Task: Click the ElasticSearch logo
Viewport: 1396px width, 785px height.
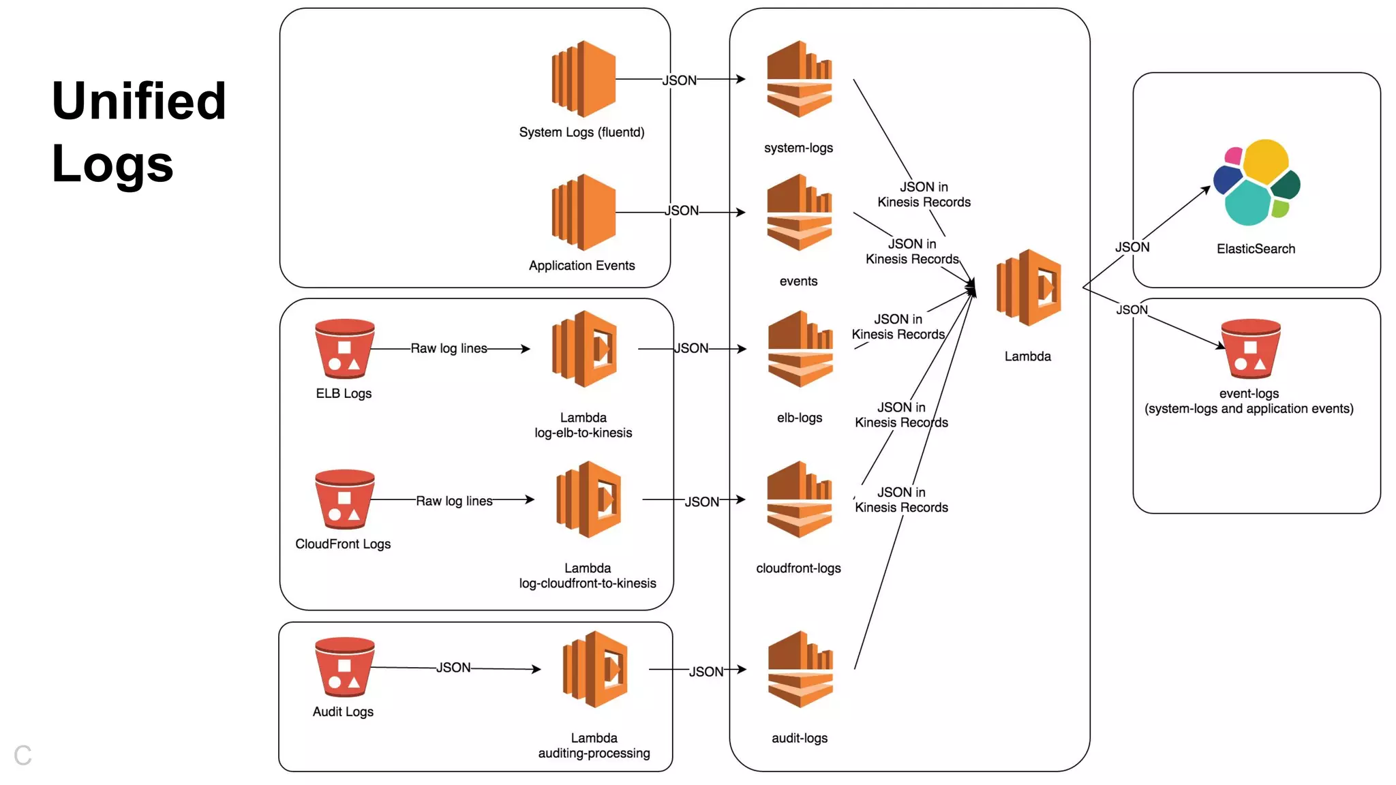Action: coord(1256,182)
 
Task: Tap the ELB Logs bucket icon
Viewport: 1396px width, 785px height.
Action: coord(344,349)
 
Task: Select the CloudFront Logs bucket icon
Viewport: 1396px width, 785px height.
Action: coord(344,499)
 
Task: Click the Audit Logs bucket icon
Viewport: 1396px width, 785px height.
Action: coord(344,667)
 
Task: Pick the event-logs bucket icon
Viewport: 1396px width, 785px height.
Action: coord(1250,349)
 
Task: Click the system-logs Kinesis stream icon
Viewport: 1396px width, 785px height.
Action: coord(799,79)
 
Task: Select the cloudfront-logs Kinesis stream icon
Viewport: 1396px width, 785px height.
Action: coord(799,499)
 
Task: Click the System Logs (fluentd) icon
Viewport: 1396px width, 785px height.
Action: coord(583,79)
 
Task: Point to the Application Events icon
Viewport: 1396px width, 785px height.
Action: coord(583,213)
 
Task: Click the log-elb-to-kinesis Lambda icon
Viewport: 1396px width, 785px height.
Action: coord(584,349)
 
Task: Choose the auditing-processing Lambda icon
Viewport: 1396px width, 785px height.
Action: coord(595,669)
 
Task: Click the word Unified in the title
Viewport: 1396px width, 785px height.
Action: coord(138,101)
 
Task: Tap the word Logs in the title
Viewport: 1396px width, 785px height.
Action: coord(112,164)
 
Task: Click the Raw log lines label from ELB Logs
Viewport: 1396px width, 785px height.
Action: coord(449,348)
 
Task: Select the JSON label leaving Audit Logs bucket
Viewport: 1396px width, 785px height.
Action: coord(453,668)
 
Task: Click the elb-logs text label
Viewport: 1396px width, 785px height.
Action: coord(800,418)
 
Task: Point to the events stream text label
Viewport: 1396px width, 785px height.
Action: coord(798,281)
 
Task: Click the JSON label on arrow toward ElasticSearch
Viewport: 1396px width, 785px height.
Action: coord(1132,247)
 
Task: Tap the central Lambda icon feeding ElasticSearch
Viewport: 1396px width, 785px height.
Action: coord(1029,288)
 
